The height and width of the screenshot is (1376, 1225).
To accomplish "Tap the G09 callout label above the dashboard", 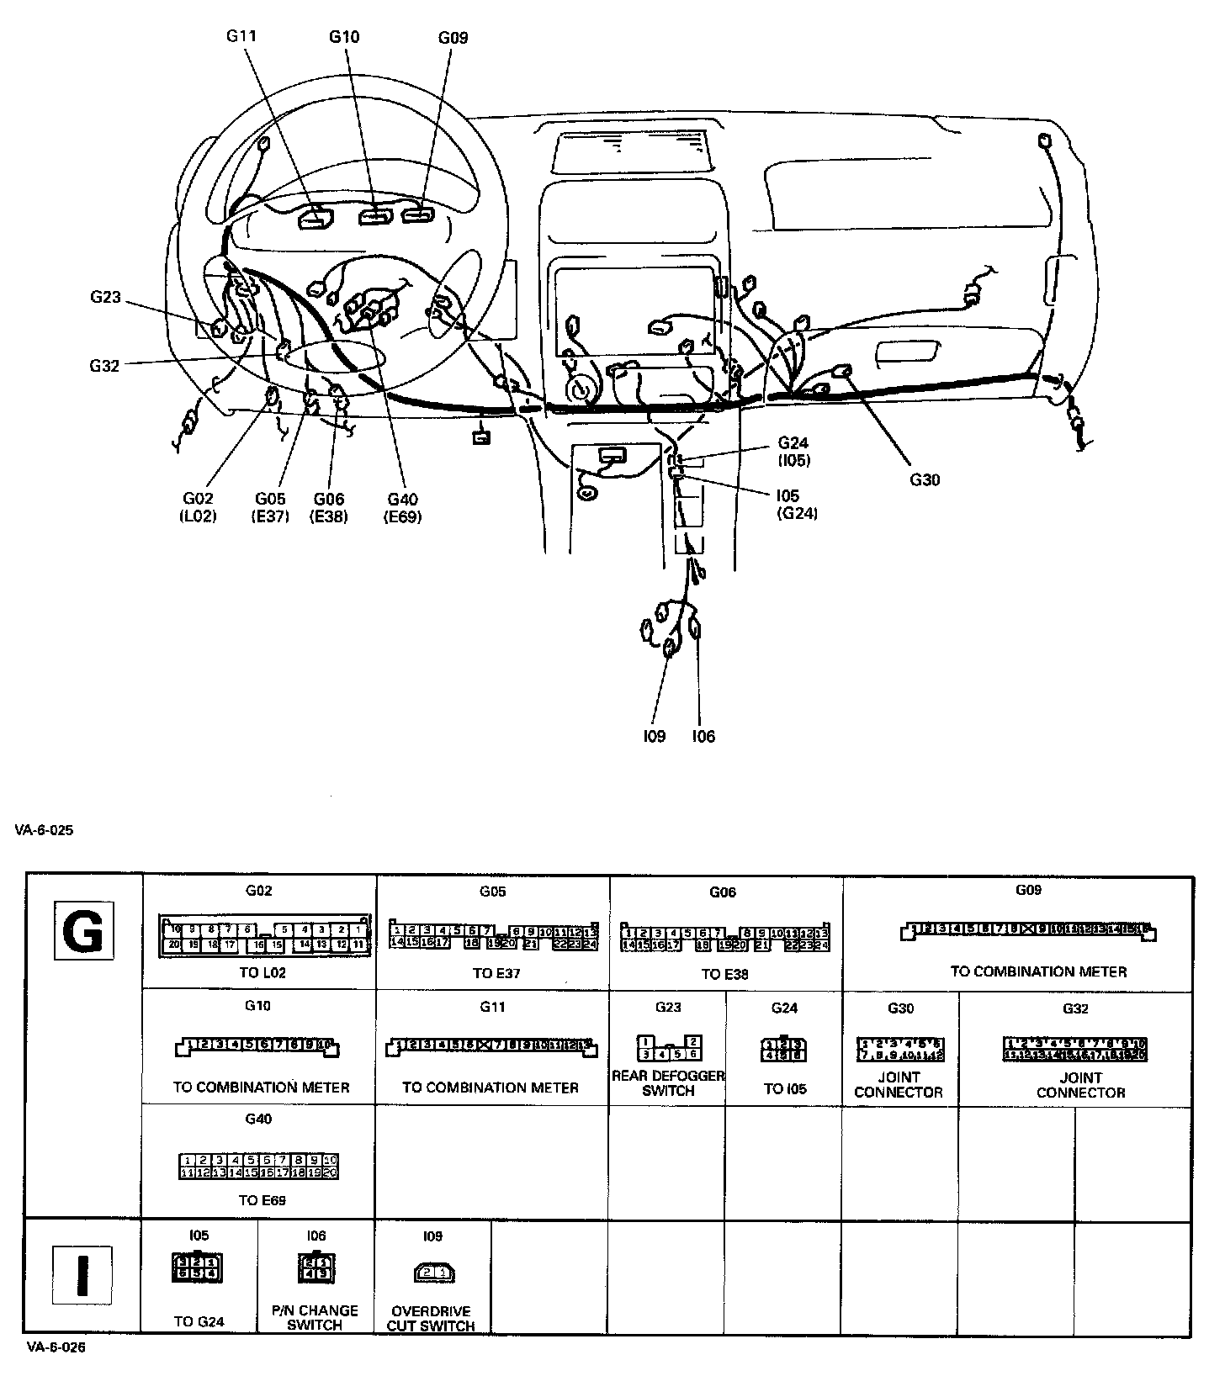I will [453, 37].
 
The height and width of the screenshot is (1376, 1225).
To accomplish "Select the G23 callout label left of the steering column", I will [105, 297].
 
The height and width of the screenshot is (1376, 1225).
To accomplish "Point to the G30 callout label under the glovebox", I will [924, 480].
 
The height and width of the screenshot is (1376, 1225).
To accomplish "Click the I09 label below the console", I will [654, 737].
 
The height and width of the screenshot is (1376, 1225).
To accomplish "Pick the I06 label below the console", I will [703, 737].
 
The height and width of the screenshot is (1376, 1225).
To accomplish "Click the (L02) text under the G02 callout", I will [198, 516].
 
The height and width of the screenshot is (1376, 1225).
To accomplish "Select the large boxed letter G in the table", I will [83, 931].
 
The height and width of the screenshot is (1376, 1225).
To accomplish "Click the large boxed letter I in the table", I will [82, 1275].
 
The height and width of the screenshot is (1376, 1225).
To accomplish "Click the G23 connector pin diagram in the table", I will [669, 1047].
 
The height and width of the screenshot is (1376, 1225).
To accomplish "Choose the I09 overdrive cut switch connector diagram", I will [433, 1273].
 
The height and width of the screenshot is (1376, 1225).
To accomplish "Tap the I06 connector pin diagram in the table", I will [316, 1268].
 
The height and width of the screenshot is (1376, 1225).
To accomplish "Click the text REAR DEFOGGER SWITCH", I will [668, 1083].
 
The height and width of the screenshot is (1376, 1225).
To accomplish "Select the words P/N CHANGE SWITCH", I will [315, 1317].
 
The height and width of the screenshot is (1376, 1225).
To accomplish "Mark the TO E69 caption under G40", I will [262, 1200].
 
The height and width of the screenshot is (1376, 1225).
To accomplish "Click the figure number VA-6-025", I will [44, 830].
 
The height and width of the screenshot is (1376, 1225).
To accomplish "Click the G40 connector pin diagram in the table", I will [259, 1166].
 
